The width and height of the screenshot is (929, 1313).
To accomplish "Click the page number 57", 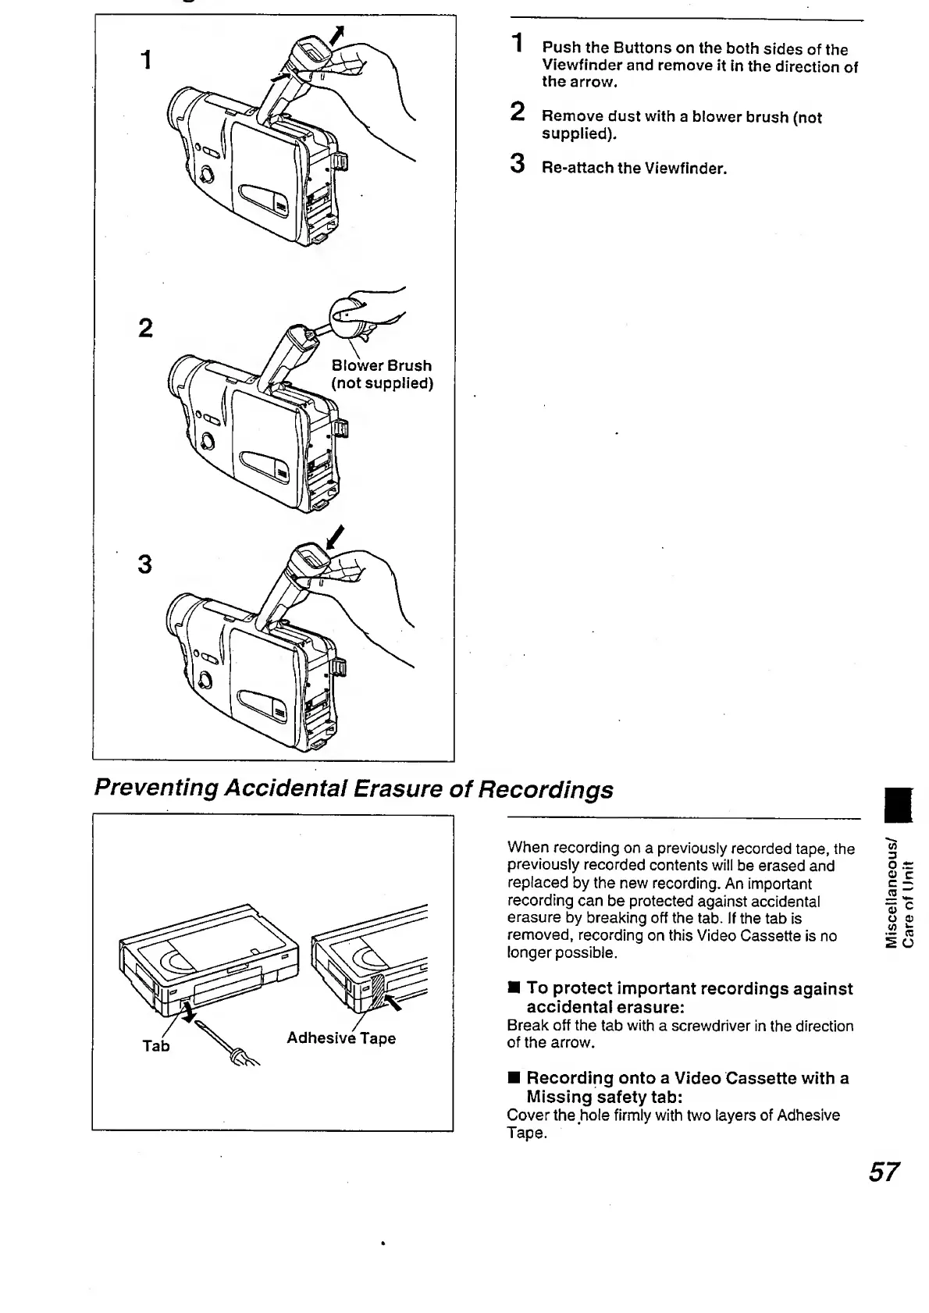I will pos(884,1172).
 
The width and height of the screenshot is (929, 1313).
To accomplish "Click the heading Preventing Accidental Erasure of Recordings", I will pos(353,789).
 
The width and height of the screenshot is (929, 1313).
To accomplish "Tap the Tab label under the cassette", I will pos(155,1046).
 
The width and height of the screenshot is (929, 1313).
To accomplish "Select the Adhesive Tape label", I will pos(341,1038).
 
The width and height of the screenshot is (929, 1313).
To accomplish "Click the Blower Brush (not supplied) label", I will pos(382,374).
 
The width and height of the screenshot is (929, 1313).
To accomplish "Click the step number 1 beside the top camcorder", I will pos(145,60).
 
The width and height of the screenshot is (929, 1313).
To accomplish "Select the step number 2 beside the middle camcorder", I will pos(145,329).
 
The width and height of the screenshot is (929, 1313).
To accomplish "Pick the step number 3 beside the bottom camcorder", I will pos(144,564).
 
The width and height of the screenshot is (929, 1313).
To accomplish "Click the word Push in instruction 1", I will pos(562,49).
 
